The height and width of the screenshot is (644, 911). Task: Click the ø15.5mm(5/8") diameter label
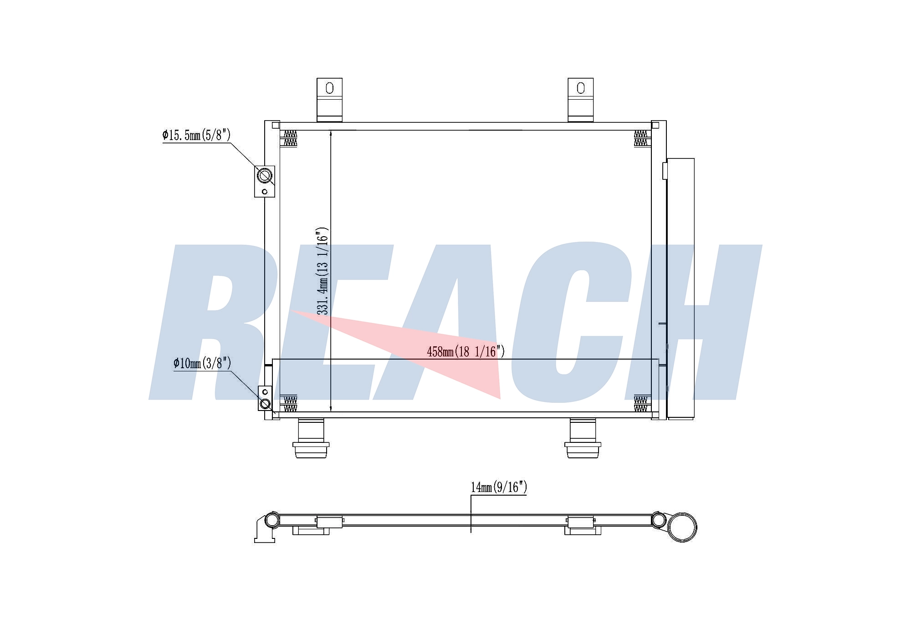(197, 135)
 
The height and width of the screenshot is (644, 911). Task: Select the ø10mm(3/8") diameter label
(202, 363)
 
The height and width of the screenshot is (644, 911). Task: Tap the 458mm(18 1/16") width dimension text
(466, 351)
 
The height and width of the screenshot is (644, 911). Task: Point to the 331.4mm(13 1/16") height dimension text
(322, 271)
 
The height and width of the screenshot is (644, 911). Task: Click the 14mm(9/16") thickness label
(499, 487)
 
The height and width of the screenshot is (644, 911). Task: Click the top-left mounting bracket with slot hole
(329, 100)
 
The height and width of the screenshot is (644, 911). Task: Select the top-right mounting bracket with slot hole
(580, 100)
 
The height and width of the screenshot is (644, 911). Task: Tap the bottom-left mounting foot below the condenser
(312, 438)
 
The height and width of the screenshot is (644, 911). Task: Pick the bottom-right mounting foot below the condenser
(583, 438)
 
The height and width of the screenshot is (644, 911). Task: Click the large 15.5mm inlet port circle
(265, 175)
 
